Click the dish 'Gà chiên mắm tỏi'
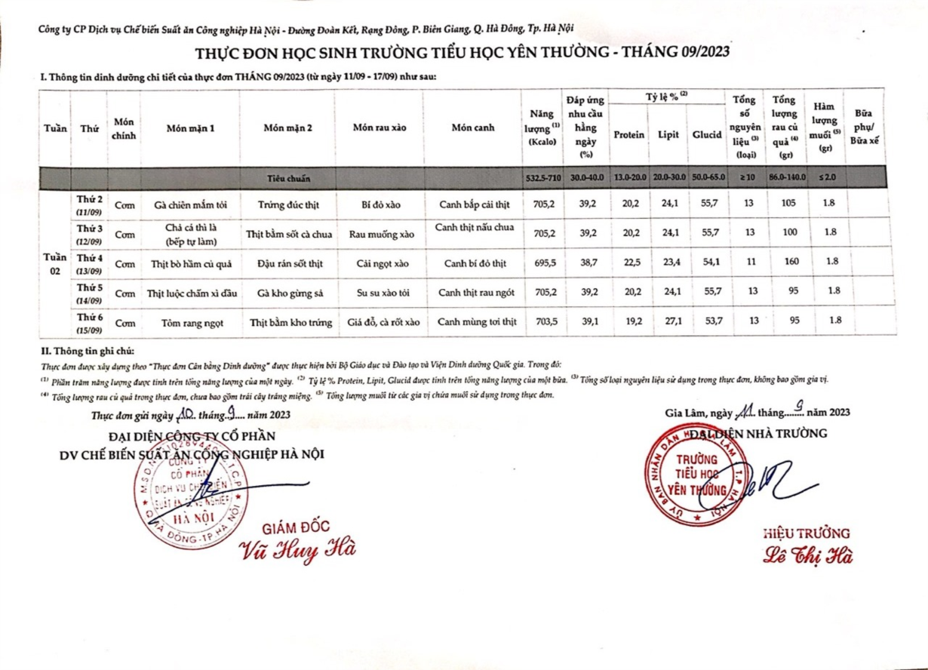tap(190, 204)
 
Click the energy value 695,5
tap(544, 263)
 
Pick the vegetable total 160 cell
tap(789, 263)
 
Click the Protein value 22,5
tap(628, 263)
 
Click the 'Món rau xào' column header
tap(379, 128)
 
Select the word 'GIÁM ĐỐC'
tap(296, 527)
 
